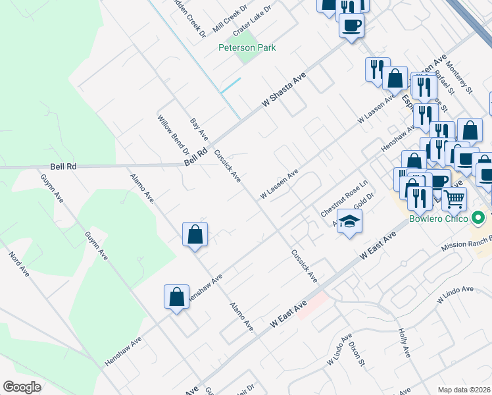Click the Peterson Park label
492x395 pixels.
(247, 47)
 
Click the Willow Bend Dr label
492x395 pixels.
(172, 135)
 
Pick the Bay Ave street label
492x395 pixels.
(199, 130)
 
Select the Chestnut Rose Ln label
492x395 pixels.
(343, 199)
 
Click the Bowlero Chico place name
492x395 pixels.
(438, 219)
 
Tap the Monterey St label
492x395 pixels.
(459, 78)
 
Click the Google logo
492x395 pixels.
(22, 387)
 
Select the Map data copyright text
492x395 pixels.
(464, 389)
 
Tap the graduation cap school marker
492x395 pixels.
(350, 222)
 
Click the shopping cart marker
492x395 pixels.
(454, 199)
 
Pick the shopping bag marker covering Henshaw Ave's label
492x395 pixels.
(177, 297)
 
